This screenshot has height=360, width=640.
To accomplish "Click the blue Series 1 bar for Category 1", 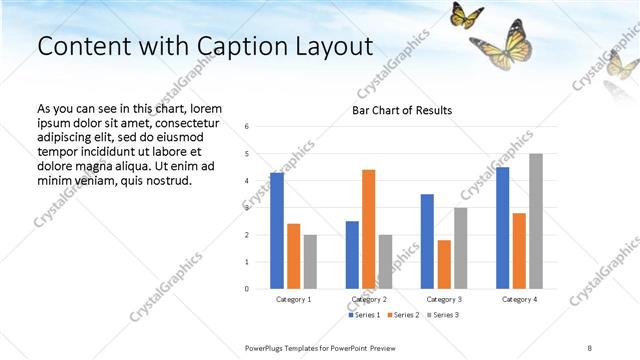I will (277, 231).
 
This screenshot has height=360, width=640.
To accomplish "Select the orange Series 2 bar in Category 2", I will (368, 229).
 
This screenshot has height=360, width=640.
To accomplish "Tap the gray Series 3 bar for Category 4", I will (536, 221).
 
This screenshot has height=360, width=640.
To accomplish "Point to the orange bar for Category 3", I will (444, 264).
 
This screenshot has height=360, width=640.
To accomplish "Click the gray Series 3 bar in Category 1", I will (310, 261).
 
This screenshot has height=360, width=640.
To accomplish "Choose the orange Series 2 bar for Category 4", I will (519, 251).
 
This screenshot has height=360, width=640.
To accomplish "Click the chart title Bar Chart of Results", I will (402, 110).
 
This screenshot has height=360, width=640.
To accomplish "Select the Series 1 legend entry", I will (365, 315).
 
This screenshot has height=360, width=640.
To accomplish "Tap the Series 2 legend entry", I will (402, 315).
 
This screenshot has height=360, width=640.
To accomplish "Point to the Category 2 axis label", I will (368, 299).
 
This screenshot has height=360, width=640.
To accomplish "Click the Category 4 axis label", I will (519, 299).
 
